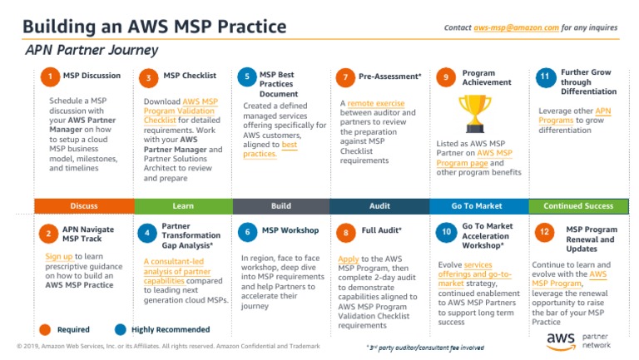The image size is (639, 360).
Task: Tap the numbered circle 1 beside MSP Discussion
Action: coord(50,77)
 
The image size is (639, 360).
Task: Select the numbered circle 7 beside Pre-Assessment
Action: coord(345,77)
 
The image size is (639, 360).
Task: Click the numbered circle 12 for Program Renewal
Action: coord(544,234)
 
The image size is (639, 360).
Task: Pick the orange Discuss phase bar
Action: coord(83,205)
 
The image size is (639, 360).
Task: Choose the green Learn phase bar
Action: coord(182,205)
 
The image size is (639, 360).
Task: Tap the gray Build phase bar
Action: coord(281,205)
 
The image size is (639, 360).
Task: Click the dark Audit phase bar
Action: coord(379,205)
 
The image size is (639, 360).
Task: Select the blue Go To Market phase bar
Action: coord(478,205)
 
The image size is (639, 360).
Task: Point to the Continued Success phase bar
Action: coord(577,205)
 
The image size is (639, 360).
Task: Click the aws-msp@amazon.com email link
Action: coord(516,27)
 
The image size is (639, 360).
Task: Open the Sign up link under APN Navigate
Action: coord(59,258)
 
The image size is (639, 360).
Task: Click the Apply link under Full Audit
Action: coord(348,259)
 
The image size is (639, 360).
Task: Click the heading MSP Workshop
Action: coord(290,230)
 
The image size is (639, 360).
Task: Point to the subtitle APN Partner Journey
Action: coord(80,49)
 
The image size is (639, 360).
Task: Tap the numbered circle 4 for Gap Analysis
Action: coord(147,234)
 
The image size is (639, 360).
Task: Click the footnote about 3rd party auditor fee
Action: coord(425,347)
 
